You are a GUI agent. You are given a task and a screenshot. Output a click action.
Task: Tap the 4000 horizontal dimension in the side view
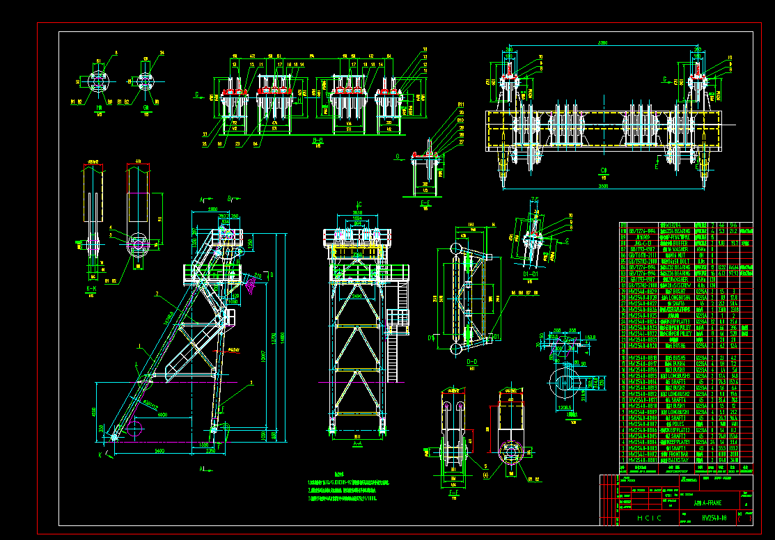[x=162, y=415]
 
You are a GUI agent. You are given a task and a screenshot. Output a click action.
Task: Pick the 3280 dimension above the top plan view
[x=596, y=43]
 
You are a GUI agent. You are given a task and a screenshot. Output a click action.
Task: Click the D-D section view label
[x=471, y=362]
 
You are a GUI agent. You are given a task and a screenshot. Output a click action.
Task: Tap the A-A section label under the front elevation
[x=357, y=443]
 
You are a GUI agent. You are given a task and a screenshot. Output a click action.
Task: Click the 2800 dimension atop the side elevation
[x=213, y=209]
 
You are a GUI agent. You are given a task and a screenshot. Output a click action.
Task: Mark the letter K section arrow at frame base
[x=100, y=454]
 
